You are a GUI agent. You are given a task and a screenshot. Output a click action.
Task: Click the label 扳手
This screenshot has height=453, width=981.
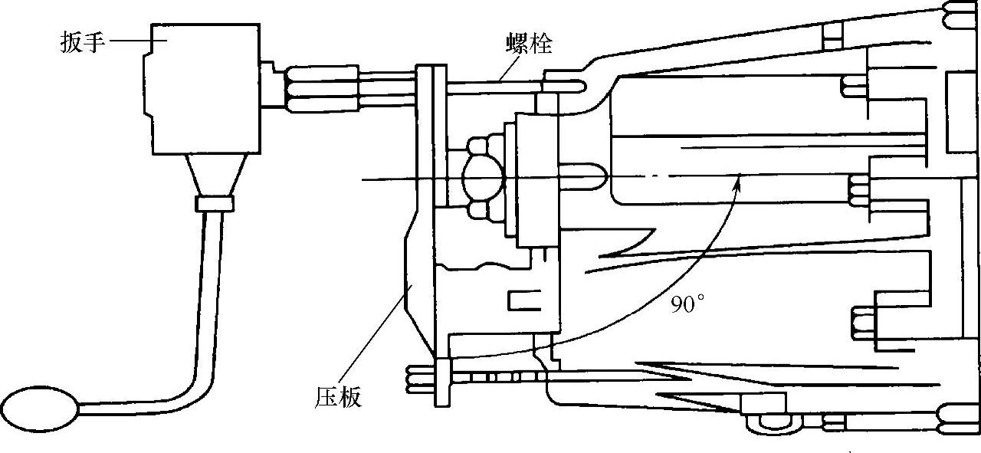tap(82, 42)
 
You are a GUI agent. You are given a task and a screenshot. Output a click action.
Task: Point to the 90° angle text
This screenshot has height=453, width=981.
tap(687, 304)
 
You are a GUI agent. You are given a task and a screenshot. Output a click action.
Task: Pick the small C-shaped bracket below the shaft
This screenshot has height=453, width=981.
tap(527, 300)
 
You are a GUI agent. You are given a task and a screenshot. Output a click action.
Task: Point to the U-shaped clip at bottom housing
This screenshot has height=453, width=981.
tap(773, 422)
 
